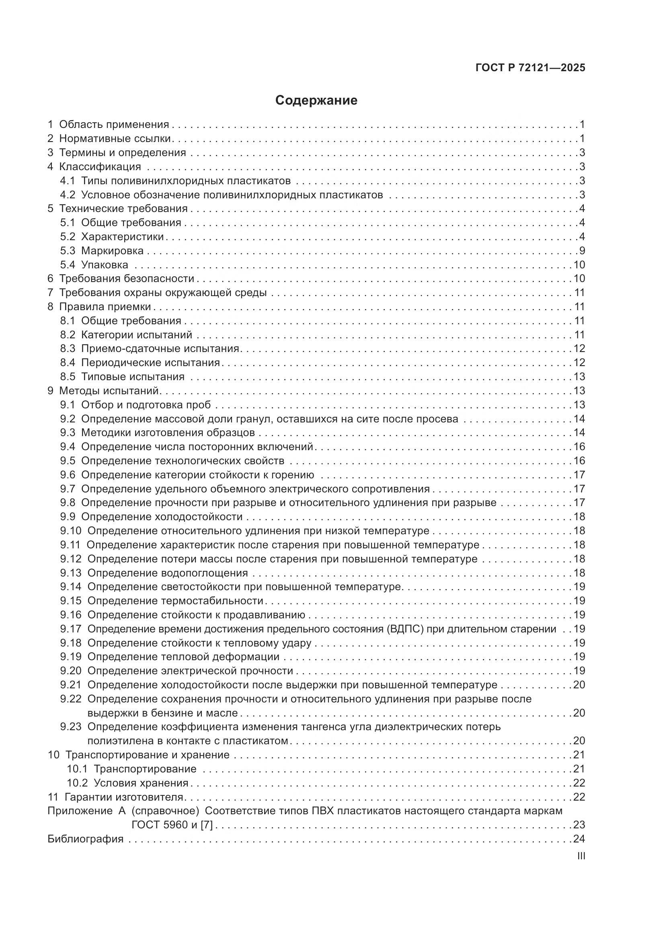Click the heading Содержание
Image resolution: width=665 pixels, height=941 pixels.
[x=316, y=101]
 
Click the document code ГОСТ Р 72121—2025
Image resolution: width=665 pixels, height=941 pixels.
[x=530, y=68]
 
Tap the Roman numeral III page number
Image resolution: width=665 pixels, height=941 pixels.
[x=581, y=856]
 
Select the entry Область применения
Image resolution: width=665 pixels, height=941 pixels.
[x=114, y=125]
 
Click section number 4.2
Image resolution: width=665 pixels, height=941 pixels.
[x=68, y=195]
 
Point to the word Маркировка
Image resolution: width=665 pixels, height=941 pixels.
[x=112, y=251]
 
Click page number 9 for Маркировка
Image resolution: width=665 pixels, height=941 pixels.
[x=582, y=251]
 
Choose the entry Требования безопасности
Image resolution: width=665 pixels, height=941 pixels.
[x=127, y=279]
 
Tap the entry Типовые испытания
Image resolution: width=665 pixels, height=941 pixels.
[x=133, y=377]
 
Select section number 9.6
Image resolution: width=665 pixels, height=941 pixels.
[x=68, y=475]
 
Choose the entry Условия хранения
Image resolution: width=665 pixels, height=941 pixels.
[x=141, y=783]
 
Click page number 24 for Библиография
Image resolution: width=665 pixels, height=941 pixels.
[x=579, y=839]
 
